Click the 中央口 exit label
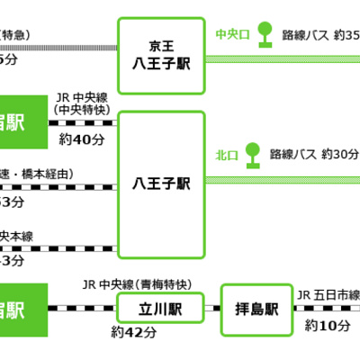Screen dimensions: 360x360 click(x=233, y=34)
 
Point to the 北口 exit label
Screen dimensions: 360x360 click(x=225, y=153)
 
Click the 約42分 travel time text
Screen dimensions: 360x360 click(x=130, y=332)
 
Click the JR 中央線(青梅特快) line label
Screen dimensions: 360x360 click(x=136, y=285)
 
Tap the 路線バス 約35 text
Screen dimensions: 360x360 click(x=320, y=34)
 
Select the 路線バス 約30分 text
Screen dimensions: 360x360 click(x=314, y=153)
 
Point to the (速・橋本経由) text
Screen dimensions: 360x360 click(x=36, y=174)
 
